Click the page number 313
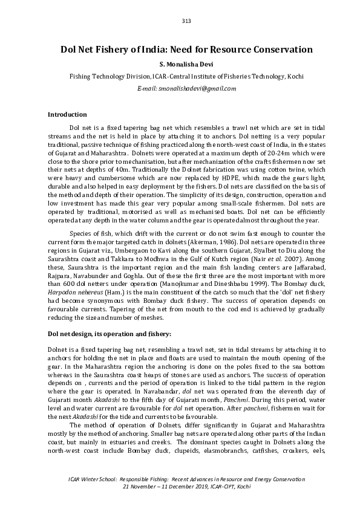(x=186, y=21)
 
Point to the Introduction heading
(x=67, y=114)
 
